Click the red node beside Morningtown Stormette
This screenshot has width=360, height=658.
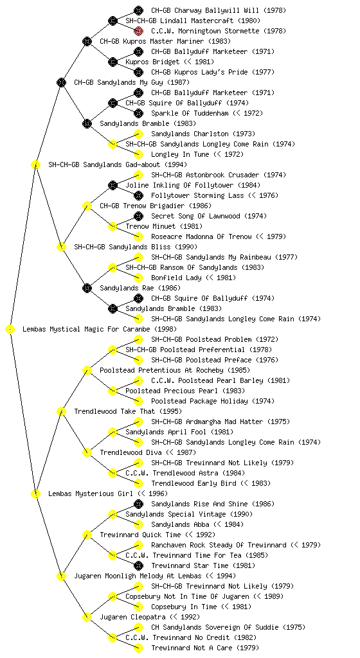(138, 31)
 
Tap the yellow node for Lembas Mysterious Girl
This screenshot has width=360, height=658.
(35, 494)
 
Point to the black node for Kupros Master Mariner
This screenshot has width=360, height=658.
(87, 41)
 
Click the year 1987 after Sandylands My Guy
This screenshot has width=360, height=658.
(178, 82)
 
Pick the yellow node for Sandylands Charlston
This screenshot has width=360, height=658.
(138, 134)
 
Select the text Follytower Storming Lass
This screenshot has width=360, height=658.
(197, 195)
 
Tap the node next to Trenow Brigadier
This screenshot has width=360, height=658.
(87, 206)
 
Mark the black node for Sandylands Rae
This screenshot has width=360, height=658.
(87, 288)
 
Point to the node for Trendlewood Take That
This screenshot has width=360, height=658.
(61, 411)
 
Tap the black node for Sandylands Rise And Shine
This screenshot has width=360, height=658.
(138, 504)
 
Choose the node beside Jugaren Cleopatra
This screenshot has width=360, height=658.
(87, 617)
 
